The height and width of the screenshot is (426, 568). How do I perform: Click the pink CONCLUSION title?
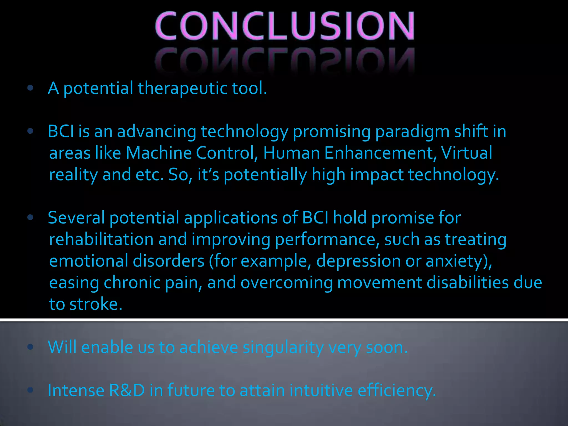[x=284, y=26]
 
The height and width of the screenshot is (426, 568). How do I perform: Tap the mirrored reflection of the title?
[x=284, y=60]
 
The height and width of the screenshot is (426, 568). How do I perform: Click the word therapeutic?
[x=182, y=88]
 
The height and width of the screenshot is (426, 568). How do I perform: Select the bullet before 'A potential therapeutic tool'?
[x=31, y=88]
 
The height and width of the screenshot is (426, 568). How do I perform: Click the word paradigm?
[x=412, y=131]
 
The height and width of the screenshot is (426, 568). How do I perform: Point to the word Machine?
[x=158, y=153]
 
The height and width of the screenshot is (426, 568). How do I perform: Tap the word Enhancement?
[x=379, y=153]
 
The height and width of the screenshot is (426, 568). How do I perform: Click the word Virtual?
[x=466, y=153]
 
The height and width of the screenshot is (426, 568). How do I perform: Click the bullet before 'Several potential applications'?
[x=31, y=217]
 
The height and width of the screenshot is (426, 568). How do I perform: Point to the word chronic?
[x=132, y=283]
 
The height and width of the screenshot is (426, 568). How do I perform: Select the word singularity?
[x=283, y=347]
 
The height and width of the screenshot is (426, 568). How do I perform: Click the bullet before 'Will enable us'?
[x=31, y=347]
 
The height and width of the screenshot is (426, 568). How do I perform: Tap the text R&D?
[x=127, y=390]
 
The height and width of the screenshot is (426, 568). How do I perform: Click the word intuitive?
[x=321, y=390]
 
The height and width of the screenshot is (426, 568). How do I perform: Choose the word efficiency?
[x=395, y=390]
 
